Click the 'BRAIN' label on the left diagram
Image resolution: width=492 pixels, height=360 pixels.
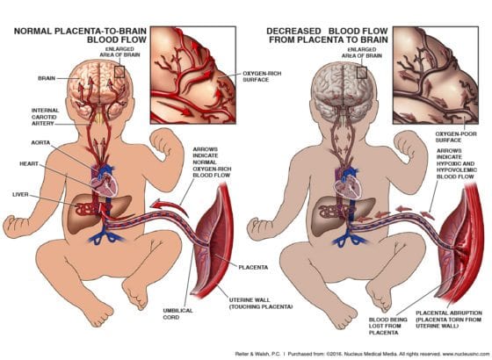coord(47,78)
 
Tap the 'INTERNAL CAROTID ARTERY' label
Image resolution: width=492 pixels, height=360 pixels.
coord(45,117)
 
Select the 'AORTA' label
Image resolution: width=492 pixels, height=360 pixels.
coord(40,142)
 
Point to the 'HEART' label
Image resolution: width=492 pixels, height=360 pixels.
coord(29,163)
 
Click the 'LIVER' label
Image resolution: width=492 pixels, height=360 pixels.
coord(20,195)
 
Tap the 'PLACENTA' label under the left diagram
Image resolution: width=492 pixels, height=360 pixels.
coord(253,268)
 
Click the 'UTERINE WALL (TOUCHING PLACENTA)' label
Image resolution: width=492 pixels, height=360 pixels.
coord(261,303)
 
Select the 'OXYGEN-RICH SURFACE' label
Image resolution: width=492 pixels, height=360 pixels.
coord(262,76)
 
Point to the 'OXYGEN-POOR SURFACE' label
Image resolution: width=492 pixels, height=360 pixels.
coord(456,137)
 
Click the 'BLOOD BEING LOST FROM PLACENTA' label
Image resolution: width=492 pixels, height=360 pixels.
coord(387,326)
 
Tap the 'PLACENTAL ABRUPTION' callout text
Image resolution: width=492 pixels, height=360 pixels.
coord(449,320)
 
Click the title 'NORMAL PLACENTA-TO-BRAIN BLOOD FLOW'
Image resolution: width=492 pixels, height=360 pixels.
coord(80,35)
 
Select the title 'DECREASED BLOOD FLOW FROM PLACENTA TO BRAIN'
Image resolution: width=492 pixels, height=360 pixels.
coord(327,35)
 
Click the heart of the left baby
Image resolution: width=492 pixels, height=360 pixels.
coord(104,185)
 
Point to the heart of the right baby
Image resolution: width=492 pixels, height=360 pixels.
coord(348,186)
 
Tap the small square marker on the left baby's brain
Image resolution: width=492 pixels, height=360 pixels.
coord(119,72)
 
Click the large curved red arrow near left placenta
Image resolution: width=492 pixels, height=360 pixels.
coord(169,206)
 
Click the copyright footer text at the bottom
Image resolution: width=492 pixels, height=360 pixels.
coord(361,354)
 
